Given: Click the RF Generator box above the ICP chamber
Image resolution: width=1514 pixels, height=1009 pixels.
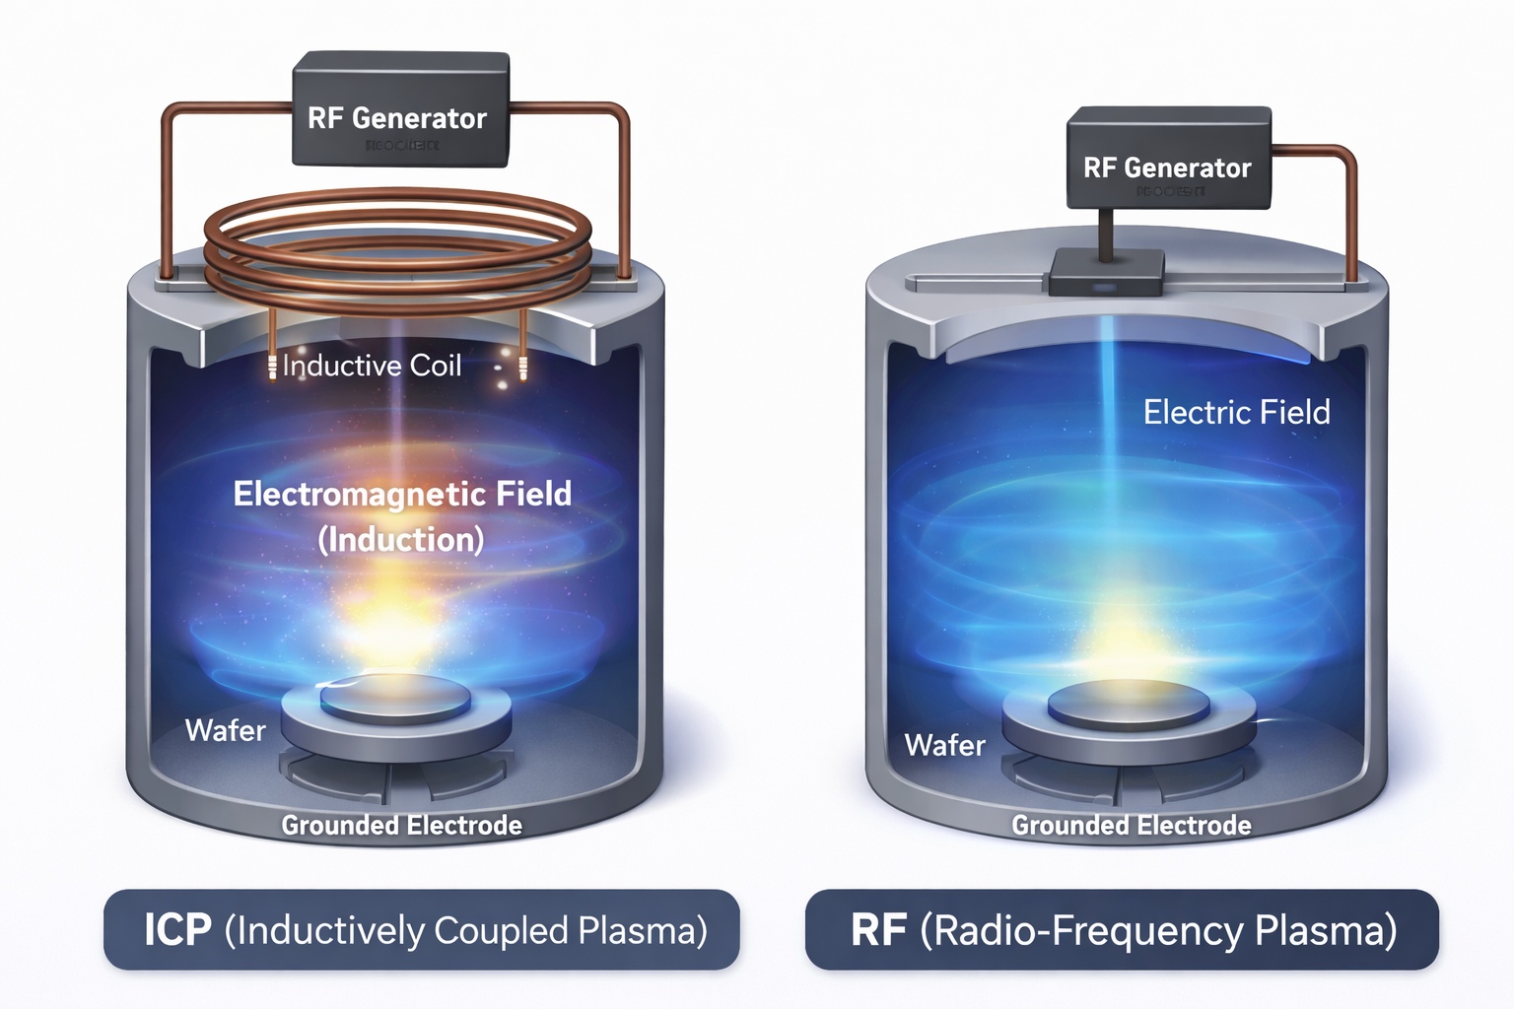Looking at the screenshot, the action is point(399,108).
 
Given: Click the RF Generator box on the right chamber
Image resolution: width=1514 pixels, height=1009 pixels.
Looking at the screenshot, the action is point(1168,158).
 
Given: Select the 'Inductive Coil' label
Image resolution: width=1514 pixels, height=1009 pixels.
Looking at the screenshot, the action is point(372,366).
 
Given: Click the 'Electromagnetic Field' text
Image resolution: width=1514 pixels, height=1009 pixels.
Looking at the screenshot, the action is point(402,493).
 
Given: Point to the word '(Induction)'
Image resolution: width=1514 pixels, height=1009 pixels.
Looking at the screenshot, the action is point(401,539).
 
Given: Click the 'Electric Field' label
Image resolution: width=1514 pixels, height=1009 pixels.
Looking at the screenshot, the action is point(1236,411).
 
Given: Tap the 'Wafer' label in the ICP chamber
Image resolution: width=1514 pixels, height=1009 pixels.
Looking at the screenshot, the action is point(225,730).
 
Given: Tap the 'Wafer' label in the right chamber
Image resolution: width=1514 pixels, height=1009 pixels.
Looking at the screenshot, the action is point(944,745).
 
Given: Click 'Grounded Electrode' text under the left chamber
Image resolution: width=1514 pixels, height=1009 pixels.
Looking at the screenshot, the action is point(401,825).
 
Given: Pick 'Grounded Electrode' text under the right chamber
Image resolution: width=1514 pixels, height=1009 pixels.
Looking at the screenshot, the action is point(1131,825).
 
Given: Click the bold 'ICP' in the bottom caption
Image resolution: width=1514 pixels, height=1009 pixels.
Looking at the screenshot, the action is point(177,930).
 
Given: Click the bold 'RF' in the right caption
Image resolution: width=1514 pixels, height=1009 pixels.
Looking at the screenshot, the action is point(878,930).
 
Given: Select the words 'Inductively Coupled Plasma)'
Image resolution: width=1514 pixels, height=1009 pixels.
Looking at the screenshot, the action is point(466,930).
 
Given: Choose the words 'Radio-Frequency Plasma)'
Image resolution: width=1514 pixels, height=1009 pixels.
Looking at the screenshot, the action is point(1158,930).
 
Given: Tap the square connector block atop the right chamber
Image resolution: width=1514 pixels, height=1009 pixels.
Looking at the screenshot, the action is point(1106,272).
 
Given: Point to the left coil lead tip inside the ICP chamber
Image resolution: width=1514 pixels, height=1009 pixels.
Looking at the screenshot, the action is point(272,369).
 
